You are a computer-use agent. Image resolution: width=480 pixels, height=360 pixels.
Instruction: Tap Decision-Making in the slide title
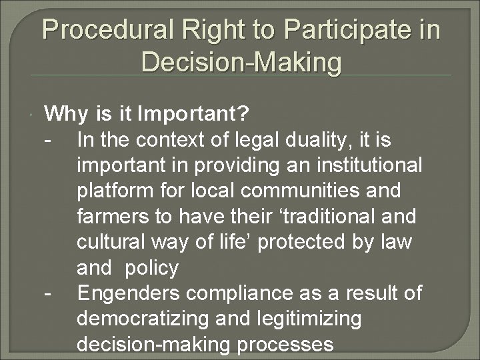[x=241, y=63]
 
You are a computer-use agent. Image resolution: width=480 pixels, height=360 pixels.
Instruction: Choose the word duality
[x=323, y=141]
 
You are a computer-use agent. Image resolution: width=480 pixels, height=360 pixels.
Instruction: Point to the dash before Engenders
[x=48, y=293]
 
